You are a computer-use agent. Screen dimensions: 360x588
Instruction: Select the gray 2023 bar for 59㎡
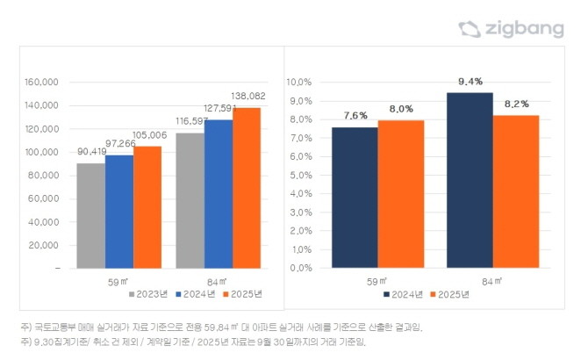pos(90,215)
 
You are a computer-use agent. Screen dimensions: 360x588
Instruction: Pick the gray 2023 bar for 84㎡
pos(190,200)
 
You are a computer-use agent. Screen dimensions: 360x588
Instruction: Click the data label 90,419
pos(93,151)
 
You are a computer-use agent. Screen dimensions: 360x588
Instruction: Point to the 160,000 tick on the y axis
pos(40,83)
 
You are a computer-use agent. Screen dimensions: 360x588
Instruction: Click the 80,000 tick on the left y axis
pos(43,176)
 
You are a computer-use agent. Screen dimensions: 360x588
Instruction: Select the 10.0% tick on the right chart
pos(299,82)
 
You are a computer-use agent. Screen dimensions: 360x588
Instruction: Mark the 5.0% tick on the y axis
pos(301,175)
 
